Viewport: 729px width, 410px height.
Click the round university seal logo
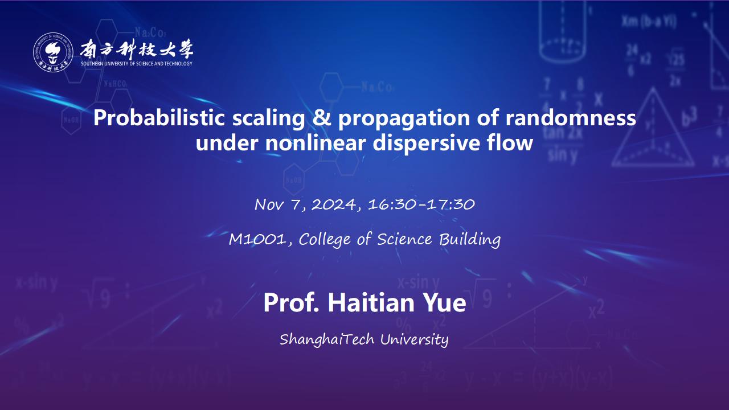tap(53, 52)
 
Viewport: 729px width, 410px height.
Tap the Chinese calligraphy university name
tap(137, 49)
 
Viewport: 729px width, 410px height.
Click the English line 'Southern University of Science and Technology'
tap(137, 63)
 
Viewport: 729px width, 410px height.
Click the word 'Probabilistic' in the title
tap(159, 118)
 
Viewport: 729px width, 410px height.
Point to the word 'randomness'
tap(571, 117)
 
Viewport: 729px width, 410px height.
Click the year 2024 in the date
tap(334, 204)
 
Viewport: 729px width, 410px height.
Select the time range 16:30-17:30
tap(421, 204)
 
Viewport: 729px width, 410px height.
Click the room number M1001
tap(257, 240)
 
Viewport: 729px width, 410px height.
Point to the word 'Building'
tap(470, 240)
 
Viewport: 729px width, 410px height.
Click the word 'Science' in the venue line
tap(404, 240)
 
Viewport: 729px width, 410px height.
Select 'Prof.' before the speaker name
tap(291, 302)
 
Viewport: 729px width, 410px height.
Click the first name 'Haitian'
tap(371, 302)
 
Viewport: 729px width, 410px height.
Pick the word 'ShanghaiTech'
tap(327, 339)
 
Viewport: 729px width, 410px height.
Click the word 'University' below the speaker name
tap(414, 340)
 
